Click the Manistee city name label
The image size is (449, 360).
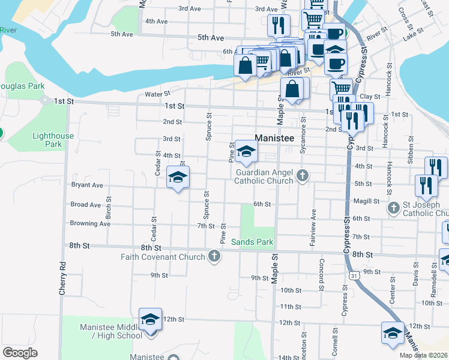[x=274, y=138]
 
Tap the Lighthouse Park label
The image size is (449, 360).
[x=53, y=140]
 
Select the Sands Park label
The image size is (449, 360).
[x=253, y=242]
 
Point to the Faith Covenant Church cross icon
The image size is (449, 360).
[x=214, y=257]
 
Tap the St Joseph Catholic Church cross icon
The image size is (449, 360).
[x=394, y=208]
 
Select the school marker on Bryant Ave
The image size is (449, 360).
[x=178, y=178]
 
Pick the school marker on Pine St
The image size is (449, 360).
[x=246, y=152]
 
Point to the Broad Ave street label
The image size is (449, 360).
[x=86, y=205]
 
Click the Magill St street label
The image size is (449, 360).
[x=367, y=202]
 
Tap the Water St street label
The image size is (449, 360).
[x=158, y=94]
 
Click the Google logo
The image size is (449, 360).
[x=20, y=353]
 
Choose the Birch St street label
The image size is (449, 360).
[x=109, y=206]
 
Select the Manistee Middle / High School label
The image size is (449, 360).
[x=112, y=331]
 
